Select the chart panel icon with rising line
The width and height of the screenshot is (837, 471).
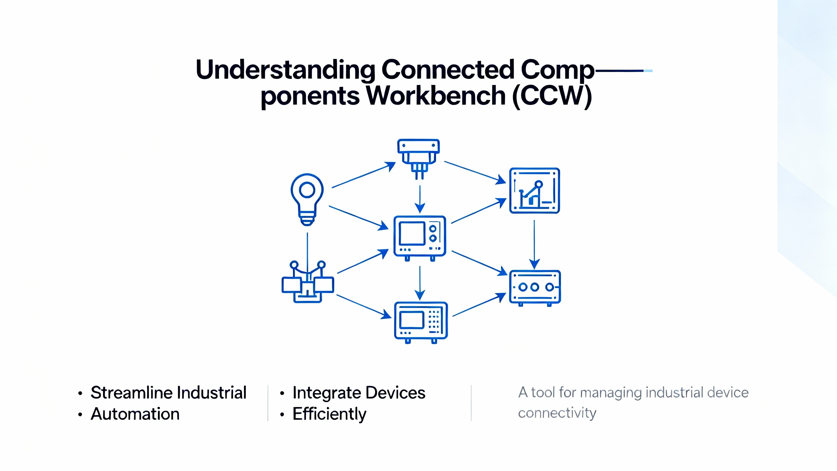pyautogui.click(x=535, y=191)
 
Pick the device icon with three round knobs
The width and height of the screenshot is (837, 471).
pyautogui.click(x=535, y=288)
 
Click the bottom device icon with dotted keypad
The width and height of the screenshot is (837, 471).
pyautogui.click(x=421, y=322)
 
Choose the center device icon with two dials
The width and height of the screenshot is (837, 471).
pyautogui.click(x=420, y=237)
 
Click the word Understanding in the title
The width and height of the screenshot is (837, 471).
pyautogui.click(x=285, y=69)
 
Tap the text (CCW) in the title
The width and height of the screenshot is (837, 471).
pyautogui.click(x=552, y=96)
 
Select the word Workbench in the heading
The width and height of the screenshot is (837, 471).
pyautogui.click(x=436, y=96)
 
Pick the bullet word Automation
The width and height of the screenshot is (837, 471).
pyautogui.click(x=135, y=414)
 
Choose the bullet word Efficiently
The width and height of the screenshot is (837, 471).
pyautogui.click(x=329, y=414)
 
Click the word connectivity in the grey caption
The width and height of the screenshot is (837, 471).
pyautogui.click(x=557, y=413)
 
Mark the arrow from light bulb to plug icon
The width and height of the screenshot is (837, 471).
pyautogui.click(x=363, y=175)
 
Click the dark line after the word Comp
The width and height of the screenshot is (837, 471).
pyautogui.click(x=620, y=71)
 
